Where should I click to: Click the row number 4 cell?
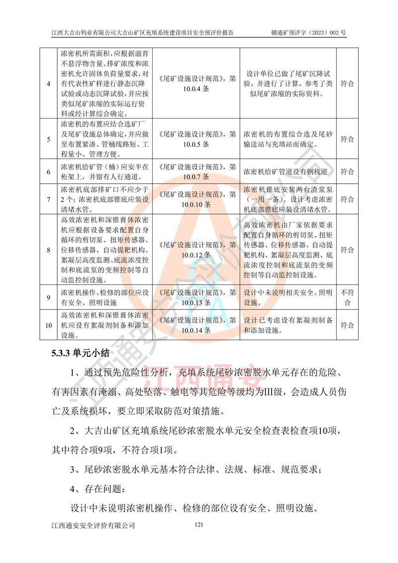[48, 83]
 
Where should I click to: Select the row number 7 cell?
[48, 199]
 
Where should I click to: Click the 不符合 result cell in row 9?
[348, 298]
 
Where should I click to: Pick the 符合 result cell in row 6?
[348, 172]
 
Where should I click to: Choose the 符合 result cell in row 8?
[348, 249]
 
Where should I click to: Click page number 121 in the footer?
[199, 524]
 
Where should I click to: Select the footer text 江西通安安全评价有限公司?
[94, 525]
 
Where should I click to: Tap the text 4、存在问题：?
[99, 489]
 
